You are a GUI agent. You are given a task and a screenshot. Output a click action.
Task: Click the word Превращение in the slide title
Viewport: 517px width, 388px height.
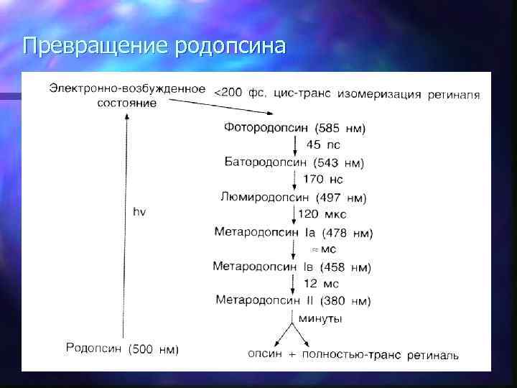[94, 46]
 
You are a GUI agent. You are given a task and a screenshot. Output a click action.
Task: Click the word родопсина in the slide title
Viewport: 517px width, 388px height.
[230, 46]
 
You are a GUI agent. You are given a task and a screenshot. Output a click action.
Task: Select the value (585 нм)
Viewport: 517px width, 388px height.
[341, 129]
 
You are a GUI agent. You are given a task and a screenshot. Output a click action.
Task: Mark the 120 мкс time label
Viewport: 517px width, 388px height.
[322, 214]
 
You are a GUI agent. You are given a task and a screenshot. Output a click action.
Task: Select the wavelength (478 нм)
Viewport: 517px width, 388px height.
[347, 232]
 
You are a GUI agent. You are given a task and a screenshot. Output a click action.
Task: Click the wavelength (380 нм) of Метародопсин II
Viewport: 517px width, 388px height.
[345, 300]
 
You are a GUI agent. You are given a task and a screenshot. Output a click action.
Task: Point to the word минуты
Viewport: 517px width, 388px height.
[320, 318]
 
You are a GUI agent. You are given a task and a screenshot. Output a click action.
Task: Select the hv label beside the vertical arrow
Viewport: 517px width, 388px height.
[139, 212]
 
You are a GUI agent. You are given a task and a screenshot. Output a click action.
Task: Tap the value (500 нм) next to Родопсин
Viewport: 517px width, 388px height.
[154, 350]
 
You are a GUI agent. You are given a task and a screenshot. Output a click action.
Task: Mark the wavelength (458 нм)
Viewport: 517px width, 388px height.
[346, 267]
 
